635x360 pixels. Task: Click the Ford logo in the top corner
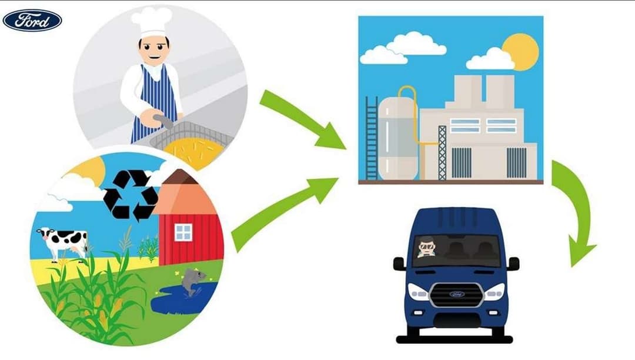click(x=32, y=21)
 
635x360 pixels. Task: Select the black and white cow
click(x=63, y=242)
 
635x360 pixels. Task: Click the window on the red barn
click(x=183, y=232)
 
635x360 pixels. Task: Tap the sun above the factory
click(x=521, y=52)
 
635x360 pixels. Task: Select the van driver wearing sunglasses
click(x=426, y=247)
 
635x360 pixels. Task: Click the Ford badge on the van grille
click(x=456, y=294)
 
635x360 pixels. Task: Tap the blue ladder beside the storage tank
click(x=372, y=138)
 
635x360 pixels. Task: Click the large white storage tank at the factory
click(x=398, y=138)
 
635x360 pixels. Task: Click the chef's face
click(x=154, y=50)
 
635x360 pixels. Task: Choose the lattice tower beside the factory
click(x=442, y=153)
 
